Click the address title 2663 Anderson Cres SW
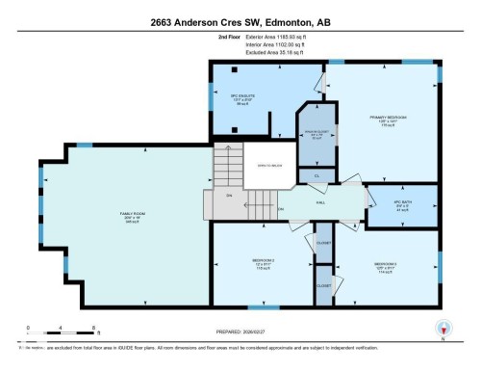[x=240, y=21]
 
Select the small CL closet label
[x=316, y=176]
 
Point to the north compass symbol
[x=443, y=328]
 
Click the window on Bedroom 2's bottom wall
[x=256, y=306]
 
